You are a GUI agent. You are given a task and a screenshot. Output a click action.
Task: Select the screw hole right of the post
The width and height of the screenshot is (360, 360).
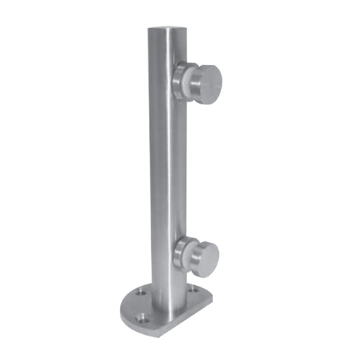click(192, 289)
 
